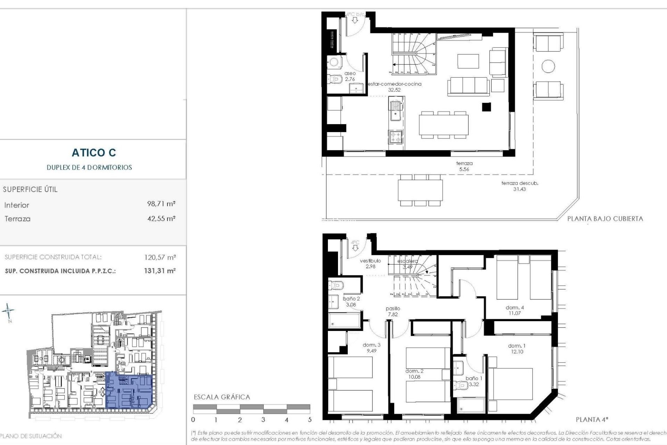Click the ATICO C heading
coord(94,153)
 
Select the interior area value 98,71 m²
coord(161,204)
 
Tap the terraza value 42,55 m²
coord(161,219)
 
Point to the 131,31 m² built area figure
coord(160,271)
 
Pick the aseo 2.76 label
coord(350,76)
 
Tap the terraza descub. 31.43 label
coord(519,186)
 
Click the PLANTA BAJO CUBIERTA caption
coord(605,219)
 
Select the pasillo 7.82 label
coord(393,311)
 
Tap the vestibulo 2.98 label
coord(370,264)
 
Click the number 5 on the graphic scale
coord(310,420)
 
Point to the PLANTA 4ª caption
coord(592,420)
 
